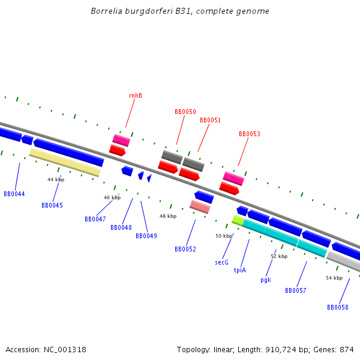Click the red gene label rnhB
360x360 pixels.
(x=135, y=96)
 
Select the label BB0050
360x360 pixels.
(x=185, y=112)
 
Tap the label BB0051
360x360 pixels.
(x=210, y=120)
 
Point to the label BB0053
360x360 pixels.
(x=249, y=134)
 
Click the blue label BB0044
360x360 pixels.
(x=14, y=194)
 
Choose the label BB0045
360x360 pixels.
(x=52, y=205)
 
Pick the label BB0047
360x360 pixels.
(x=95, y=219)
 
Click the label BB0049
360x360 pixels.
(x=146, y=236)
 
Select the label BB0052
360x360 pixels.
(x=185, y=249)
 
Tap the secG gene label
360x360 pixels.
(x=221, y=262)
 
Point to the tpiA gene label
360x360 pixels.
(x=240, y=270)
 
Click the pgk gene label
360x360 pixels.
(x=266, y=280)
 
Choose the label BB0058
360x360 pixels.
(x=337, y=307)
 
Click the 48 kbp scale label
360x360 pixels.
(x=168, y=216)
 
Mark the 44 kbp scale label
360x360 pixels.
(x=56, y=179)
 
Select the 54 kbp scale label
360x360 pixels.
(x=334, y=278)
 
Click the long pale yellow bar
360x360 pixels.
(x=65, y=162)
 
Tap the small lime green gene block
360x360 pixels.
(x=238, y=220)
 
